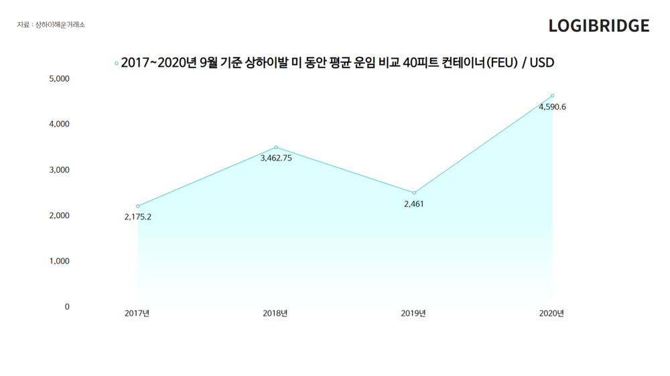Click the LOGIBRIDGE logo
tap(598, 25)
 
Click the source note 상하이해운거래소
tap(60, 25)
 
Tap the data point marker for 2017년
tap(138, 206)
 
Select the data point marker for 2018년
tap(276, 147)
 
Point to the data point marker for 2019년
tap(414, 193)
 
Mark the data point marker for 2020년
tap(552, 96)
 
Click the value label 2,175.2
tap(138, 217)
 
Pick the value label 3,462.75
tap(276, 159)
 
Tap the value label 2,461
tap(414, 203)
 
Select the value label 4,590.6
tap(552, 106)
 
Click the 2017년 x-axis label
tap(137, 313)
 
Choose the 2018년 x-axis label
tap(275, 313)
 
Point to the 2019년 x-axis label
tap(413, 313)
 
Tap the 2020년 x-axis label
tap(551, 313)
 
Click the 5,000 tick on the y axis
tap(60, 79)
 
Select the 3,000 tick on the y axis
tap(60, 170)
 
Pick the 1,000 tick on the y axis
tap(60, 261)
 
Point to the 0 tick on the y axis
tap(67, 306)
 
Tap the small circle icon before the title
tap(117, 64)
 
